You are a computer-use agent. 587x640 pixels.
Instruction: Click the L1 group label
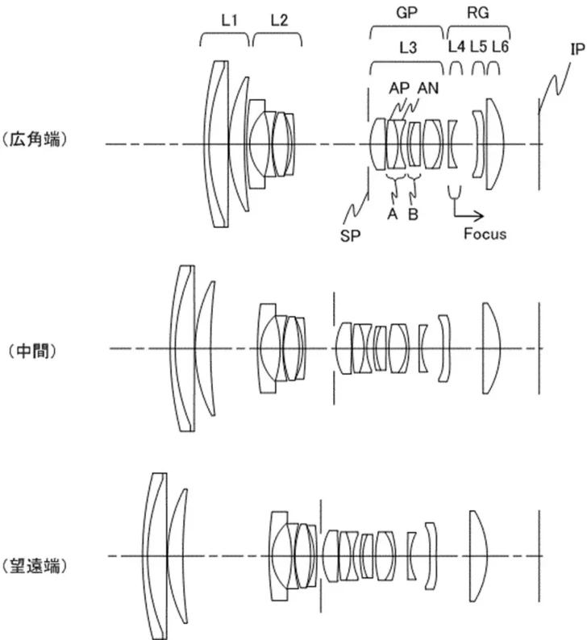[x=228, y=19]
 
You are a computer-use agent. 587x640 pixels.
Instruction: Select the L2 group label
[x=279, y=19]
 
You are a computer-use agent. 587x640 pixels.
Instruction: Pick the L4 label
[x=456, y=48]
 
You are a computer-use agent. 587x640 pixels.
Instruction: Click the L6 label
[x=500, y=48]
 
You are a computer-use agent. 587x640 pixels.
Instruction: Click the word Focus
[x=485, y=235]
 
